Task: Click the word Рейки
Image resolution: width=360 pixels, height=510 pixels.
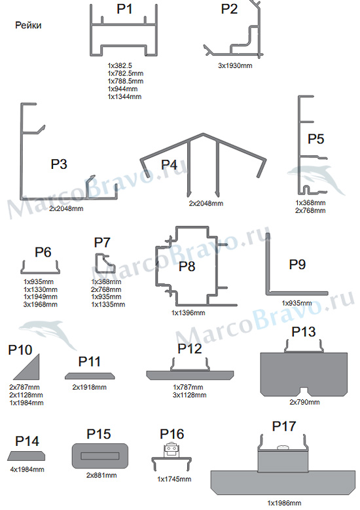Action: point(28,26)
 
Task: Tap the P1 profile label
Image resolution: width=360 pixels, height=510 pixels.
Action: point(124,9)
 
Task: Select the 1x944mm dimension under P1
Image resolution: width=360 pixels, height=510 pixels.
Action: point(122,89)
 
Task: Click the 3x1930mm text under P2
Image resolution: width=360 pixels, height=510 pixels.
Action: point(235,65)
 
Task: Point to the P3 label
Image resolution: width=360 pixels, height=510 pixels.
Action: point(59,164)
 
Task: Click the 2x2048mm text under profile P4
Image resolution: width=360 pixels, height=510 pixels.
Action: point(206,204)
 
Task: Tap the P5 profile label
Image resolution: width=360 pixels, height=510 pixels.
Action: point(315,139)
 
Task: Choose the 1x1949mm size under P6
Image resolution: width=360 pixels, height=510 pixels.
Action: point(41,297)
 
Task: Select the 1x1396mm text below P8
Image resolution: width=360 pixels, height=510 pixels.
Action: point(189,313)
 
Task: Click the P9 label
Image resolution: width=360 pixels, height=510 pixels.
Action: point(297,264)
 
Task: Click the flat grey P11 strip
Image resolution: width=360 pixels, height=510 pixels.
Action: point(90,376)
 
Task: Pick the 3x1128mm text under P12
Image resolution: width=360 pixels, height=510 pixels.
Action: point(190,395)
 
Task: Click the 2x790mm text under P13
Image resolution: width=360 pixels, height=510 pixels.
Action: point(305,403)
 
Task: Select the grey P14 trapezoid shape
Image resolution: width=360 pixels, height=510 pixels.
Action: point(26,456)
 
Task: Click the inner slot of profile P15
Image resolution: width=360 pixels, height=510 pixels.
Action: point(100,456)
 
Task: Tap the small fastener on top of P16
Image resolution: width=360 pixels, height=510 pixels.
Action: point(171,450)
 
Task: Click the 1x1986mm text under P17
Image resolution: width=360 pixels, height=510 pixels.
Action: point(284,503)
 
